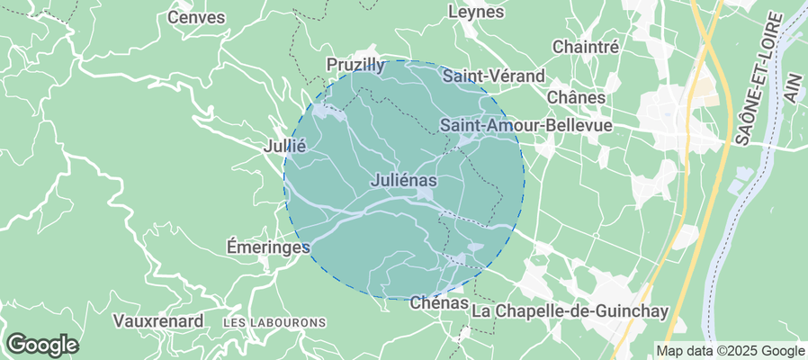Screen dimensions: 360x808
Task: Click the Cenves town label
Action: (196, 16)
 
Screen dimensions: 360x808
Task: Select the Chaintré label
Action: (586, 46)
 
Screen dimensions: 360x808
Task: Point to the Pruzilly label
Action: (355, 66)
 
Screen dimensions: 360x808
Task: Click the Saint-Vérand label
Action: (494, 76)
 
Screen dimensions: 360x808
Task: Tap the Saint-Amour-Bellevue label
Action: (525, 125)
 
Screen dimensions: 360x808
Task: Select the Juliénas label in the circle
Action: (403, 181)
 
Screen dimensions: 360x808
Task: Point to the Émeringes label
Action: (268, 246)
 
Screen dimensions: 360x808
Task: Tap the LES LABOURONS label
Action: (274, 322)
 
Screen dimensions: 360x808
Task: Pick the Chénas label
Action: (439, 303)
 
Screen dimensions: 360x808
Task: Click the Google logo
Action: (41, 344)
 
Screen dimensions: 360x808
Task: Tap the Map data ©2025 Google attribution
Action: (730, 351)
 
